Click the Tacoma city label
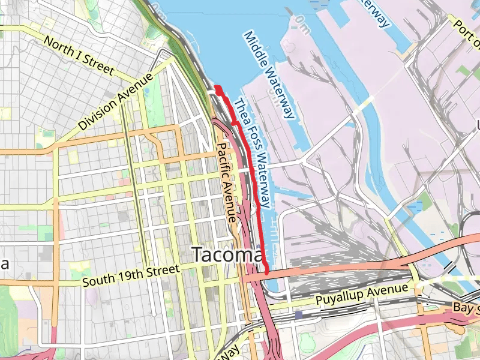pyautogui.click(x=227, y=255)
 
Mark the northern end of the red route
pyautogui.click(x=217, y=89)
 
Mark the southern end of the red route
pyautogui.click(x=266, y=272)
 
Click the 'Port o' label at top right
pyautogui.click(x=467, y=34)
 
